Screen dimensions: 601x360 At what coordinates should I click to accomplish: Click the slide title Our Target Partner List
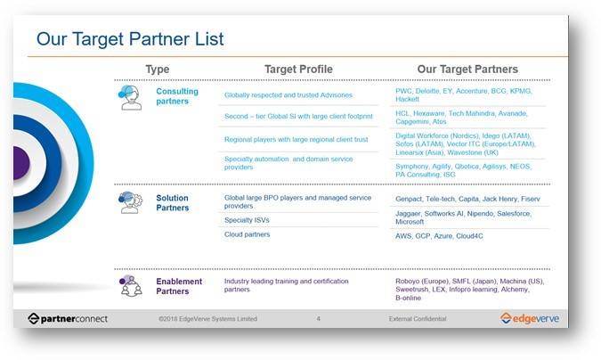point(130,39)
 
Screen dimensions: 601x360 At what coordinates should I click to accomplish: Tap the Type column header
point(157,70)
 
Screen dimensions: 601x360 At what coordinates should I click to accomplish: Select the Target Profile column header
point(298,70)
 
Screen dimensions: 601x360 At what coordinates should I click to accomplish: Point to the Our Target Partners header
point(467,70)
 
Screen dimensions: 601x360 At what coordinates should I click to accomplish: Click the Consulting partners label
point(177,96)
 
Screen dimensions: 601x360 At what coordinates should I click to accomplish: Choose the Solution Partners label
point(173,202)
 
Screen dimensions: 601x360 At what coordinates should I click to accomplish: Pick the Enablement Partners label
point(179,286)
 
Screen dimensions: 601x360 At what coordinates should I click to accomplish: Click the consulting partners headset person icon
point(130,97)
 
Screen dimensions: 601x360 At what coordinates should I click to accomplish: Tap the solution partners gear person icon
point(130,202)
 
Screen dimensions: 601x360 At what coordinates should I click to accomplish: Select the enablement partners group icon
point(130,286)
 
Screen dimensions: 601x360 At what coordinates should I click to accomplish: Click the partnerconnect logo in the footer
point(68,318)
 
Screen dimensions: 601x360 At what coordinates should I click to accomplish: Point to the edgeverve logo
point(529,318)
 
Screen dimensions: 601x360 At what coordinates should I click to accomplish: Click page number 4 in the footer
point(318,318)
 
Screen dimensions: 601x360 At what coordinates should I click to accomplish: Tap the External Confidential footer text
point(418,318)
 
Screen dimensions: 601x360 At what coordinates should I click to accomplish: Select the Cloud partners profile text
point(247,234)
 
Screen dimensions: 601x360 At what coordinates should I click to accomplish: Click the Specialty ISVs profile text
point(247,220)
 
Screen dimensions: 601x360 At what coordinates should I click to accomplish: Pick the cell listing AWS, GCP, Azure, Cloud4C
point(439,236)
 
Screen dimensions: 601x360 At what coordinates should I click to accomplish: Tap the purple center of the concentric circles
point(21,163)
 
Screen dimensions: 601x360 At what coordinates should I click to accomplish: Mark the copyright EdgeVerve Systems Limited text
point(207,318)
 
